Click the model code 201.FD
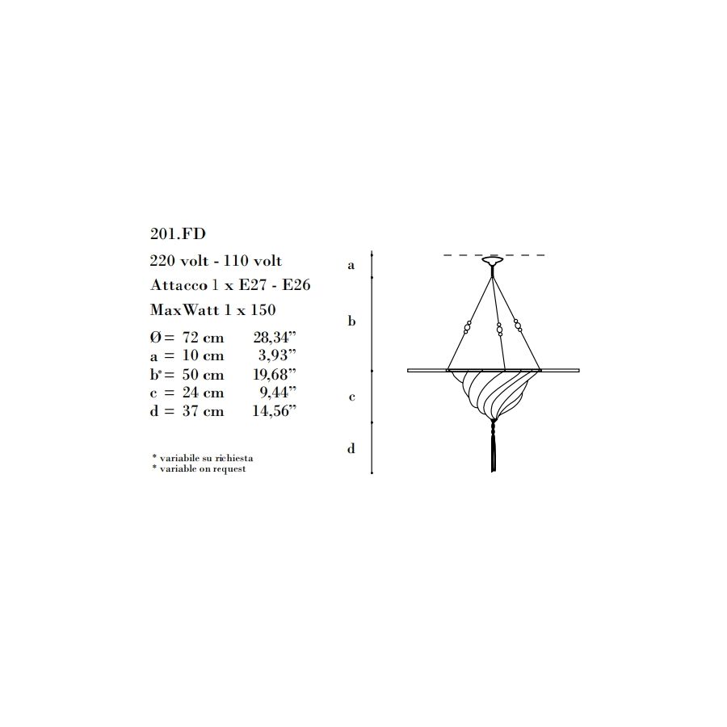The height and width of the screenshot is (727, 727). pyautogui.click(x=178, y=233)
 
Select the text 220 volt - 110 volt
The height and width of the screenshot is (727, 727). pyautogui.click(x=216, y=261)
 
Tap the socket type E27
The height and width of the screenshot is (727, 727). pyautogui.click(x=252, y=284)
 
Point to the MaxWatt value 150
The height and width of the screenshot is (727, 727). pyautogui.click(x=263, y=309)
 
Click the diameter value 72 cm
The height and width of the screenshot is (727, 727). pyautogui.click(x=203, y=338)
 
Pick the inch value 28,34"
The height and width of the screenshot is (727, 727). pyautogui.click(x=275, y=338)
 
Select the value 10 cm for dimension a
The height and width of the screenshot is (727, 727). pyautogui.click(x=203, y=355)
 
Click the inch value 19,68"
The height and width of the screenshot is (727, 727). pyautogui.click(x=275, y=374)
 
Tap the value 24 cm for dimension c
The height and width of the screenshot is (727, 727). pyautogui.click(x=203, y=393)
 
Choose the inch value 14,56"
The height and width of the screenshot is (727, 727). pyautogui.click(x=275, y=411)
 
